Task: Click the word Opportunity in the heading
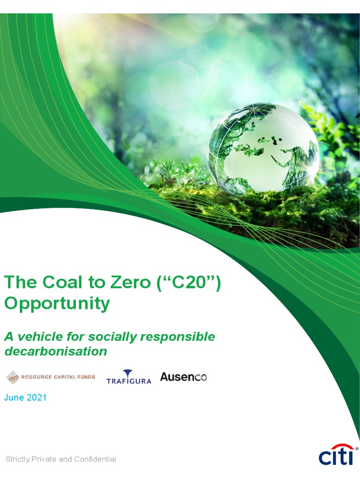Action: pos(57,304)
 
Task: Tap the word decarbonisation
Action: pos(55,351)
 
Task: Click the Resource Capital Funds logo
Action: pos(50,377)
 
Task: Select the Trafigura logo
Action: pos(128,377)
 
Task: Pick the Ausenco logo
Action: pos(183,376)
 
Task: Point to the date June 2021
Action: pos(25,397)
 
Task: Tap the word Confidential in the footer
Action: pos(94,459)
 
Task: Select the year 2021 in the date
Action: pos(36,397)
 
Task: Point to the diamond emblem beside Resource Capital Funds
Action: pos(13,377)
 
